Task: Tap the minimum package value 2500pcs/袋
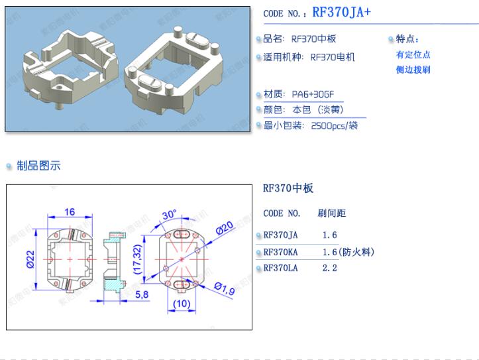334,125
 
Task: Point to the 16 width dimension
70,212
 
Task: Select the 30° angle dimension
170,214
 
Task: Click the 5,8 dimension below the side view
141,295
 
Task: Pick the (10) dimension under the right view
182,304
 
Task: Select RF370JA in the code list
280,235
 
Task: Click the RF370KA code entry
280,252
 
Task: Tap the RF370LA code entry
280,268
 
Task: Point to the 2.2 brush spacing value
330,268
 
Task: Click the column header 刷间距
332,213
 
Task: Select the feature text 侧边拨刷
413,70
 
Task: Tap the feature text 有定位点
413,54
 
